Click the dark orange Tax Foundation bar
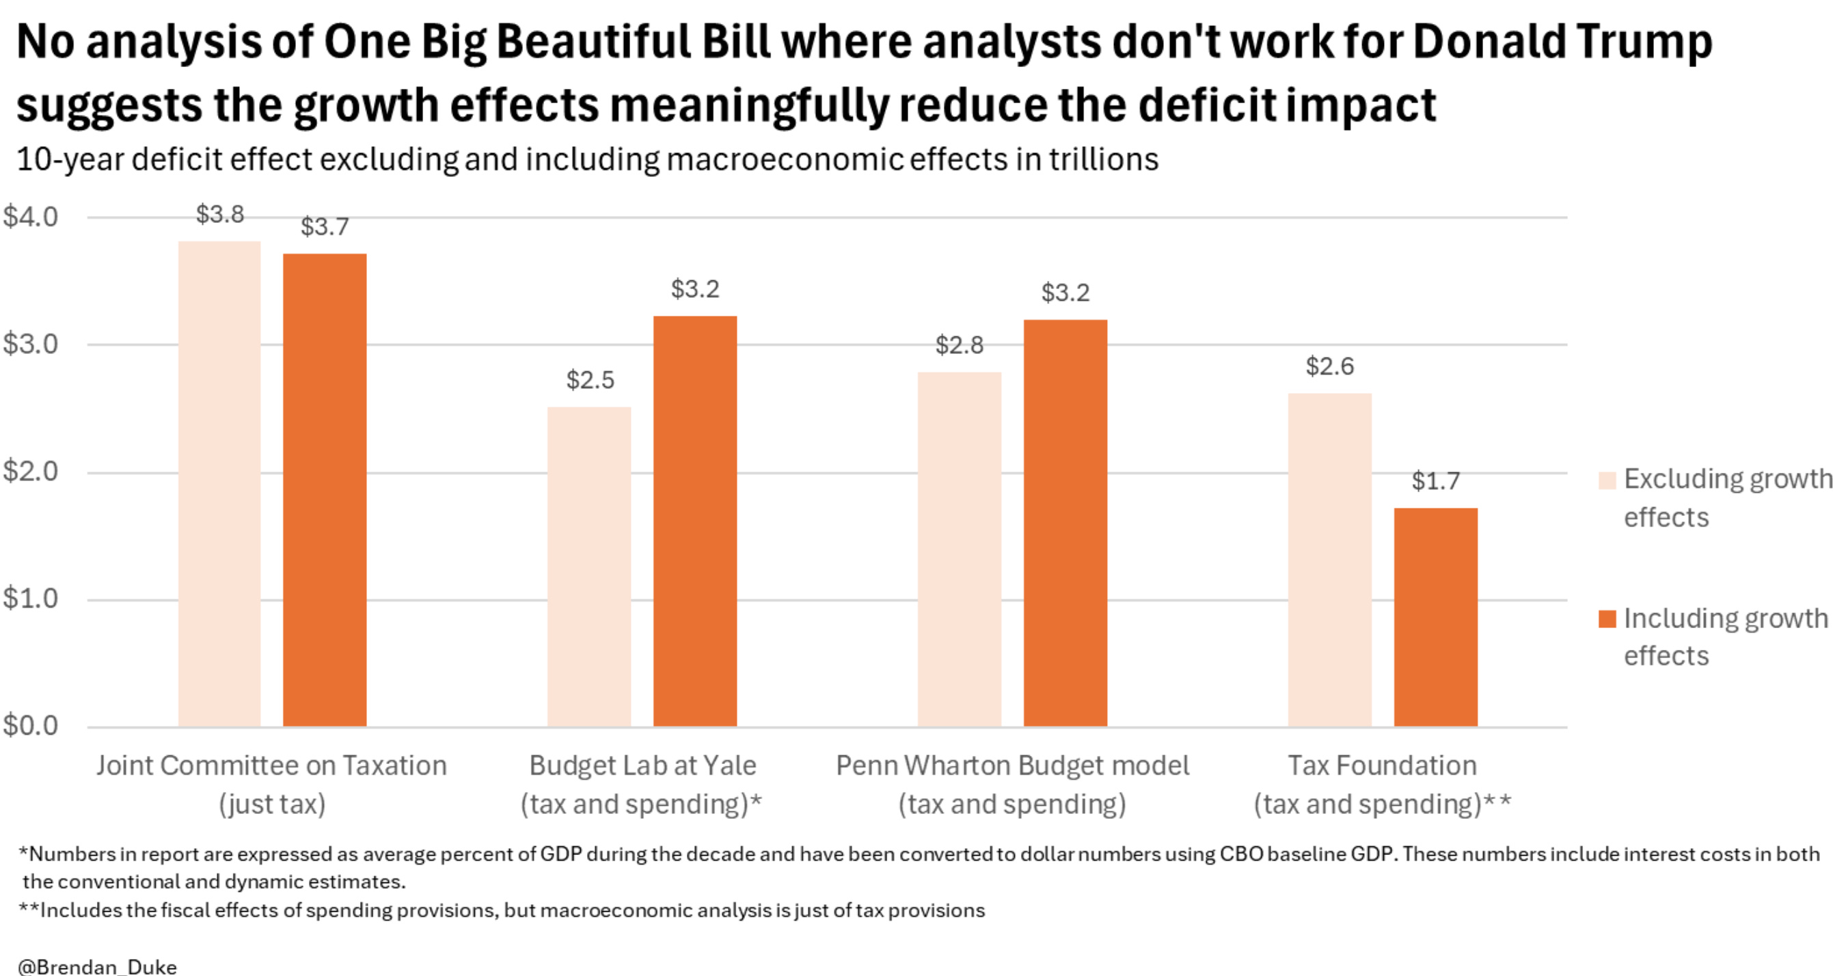[1435, 616]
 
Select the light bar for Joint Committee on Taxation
[219, 484]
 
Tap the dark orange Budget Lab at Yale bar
[694, 521]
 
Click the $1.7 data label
[1435, 482]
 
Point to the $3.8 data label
[220, 214]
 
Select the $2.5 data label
[590, 380]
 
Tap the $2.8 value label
[959, 345]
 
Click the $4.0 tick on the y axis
[31, 217]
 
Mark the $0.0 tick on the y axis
[31, 726]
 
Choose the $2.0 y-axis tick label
[31, 471]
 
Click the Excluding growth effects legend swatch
[1607, 480]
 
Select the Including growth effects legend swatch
[1607, 619]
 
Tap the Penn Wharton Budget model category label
[1012, 766]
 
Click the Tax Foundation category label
[1382, 766]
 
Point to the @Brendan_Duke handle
[98, 966]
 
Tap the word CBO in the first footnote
[1241, 854]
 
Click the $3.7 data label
[325, 227]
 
